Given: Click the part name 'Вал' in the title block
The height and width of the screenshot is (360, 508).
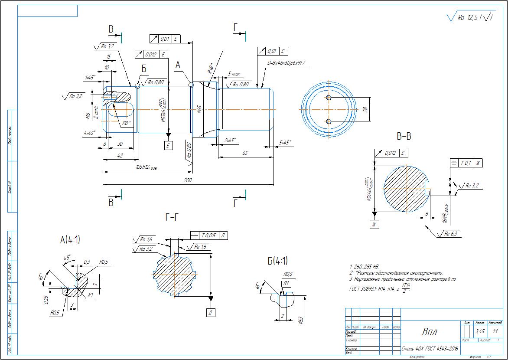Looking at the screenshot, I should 430,332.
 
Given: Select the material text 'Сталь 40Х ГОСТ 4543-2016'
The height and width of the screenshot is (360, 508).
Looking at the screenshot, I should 430,348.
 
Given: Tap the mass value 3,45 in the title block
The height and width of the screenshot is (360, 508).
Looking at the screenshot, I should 480,331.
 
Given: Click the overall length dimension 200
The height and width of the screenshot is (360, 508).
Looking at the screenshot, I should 188,180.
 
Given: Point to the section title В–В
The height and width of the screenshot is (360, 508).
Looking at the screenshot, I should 404,137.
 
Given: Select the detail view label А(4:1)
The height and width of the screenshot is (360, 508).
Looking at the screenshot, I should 70,239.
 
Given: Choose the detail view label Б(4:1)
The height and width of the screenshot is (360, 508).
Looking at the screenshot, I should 278,261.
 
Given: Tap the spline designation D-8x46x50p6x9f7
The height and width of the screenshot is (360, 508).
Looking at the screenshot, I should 287,63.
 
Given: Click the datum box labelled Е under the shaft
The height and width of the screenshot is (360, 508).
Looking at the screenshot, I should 169,146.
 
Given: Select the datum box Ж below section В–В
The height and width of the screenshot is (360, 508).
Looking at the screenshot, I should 374,224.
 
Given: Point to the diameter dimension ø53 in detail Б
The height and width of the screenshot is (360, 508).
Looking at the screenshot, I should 300,320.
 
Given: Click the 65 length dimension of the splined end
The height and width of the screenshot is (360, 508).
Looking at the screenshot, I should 245,153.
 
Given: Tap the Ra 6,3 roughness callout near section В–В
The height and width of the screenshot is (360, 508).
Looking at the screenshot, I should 450,234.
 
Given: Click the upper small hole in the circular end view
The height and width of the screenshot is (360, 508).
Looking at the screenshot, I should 329,97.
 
